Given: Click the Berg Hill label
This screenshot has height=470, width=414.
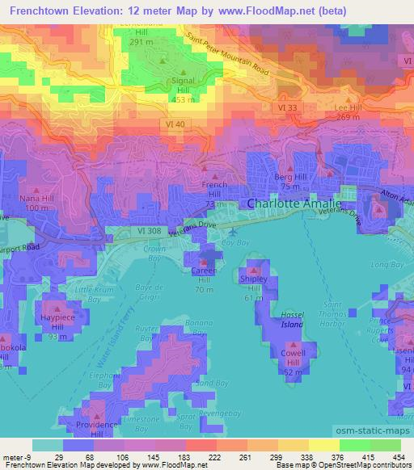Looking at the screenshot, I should click(x=289, y=175).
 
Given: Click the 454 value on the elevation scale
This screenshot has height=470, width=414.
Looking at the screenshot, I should click(x=399, y=458).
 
